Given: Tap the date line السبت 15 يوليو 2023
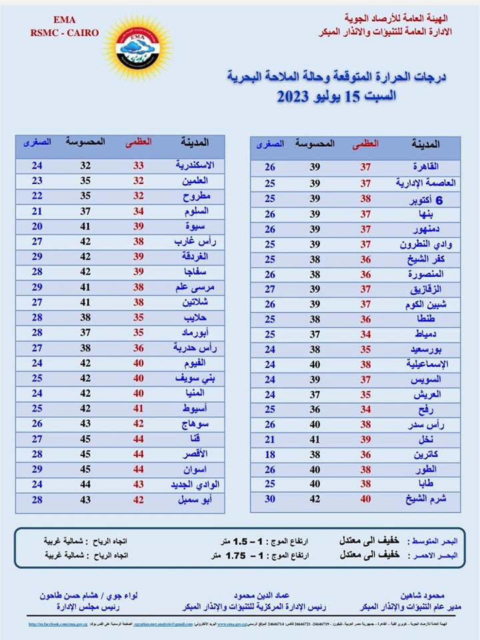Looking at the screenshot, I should coord(337,96).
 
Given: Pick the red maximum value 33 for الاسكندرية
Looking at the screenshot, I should coord(138,165).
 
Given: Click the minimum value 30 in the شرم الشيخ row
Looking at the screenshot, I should coord(270,498).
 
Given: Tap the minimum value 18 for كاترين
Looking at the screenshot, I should coord(270,454).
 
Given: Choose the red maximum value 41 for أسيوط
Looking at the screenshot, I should coord(138,408).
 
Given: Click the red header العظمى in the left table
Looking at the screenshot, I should coord(139,142).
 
